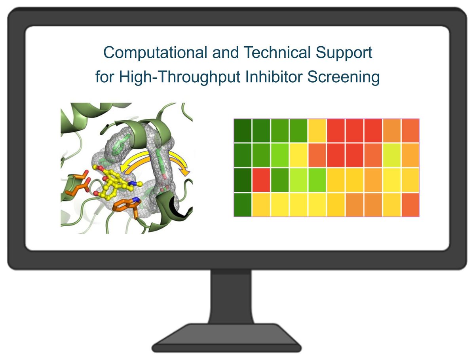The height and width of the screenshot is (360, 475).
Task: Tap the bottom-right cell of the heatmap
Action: (410, 205)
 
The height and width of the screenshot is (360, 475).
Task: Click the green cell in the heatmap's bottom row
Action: (242, 205)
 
